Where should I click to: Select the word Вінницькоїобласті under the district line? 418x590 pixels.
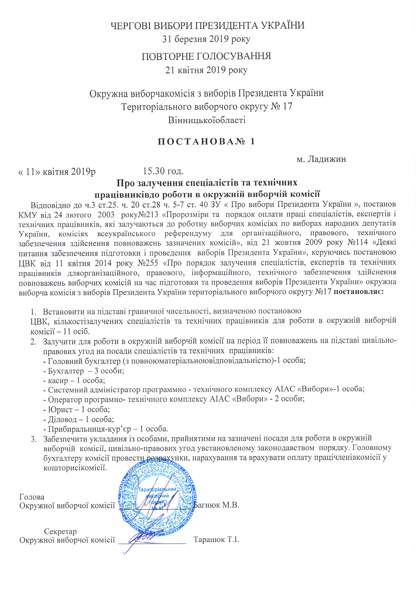206,120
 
